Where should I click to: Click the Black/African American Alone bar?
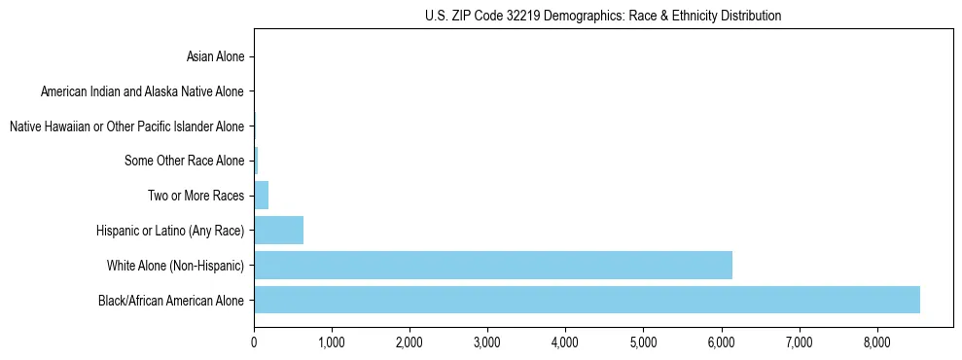tap(587, 300)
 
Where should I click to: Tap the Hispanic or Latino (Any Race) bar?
tap(279, 231)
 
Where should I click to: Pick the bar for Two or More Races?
tap(262, 196)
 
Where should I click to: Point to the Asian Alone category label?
tap(215, 56)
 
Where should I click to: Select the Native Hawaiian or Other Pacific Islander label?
tap(126, 126)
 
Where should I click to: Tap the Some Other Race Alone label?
tap(185, 161)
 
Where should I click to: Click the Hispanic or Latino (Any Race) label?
tap(170, 231)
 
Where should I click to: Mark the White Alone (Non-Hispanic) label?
tap(176, 266)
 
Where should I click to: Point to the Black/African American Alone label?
tap(171, 300)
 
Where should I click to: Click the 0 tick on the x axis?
tap(254, 342)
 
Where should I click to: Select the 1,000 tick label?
tap(332, 342)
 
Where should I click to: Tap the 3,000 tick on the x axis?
tap(487, 342)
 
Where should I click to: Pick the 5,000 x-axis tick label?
tap(643, 342)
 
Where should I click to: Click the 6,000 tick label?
tap(721, 342)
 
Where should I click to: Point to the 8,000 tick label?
tap(876, 342)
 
